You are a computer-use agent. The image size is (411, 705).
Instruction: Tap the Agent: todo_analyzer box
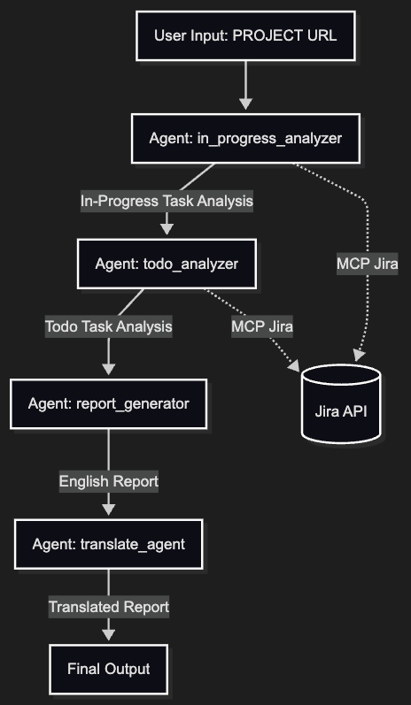[167, 264]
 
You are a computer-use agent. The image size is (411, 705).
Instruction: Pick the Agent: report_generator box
[108, 404]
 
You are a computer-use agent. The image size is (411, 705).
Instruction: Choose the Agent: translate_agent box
[108, 544]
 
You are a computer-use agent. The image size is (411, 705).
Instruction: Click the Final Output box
[108, 669]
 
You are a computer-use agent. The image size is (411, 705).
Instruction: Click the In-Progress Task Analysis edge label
[167, 202]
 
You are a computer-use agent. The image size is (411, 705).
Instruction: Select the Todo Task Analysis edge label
[108, 326]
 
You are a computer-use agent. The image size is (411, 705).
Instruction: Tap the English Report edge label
[108, 482]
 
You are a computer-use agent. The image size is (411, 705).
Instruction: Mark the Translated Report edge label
[108, 608]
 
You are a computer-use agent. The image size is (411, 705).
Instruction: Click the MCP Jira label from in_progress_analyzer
[367, 264]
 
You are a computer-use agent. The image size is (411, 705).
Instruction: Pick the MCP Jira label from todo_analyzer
[262, 326]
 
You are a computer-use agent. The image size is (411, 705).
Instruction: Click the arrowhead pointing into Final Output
[108, 633]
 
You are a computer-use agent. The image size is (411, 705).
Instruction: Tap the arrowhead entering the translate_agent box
[108, 509]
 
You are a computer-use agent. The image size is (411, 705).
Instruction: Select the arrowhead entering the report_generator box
[108, 369]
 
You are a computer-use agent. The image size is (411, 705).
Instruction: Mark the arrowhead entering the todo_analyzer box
[167, 229]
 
